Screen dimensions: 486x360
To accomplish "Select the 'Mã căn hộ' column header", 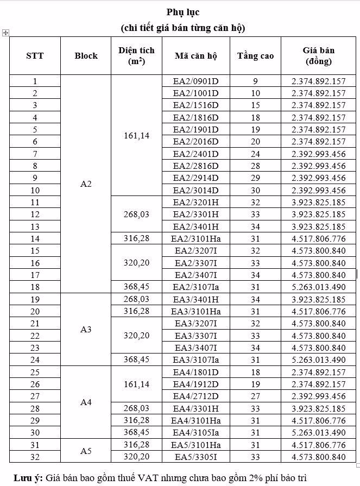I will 195,55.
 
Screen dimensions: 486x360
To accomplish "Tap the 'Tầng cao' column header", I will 255,55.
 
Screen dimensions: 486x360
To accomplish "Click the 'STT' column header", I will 35,55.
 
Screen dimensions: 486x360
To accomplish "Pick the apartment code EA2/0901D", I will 195,81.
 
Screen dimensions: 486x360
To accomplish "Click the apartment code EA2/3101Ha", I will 195,238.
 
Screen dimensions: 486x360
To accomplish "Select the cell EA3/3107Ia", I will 195,359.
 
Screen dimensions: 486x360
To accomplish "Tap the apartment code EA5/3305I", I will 195,457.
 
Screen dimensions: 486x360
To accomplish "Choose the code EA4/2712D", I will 195,396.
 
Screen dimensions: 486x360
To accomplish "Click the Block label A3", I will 86,330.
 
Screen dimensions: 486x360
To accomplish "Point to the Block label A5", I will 86,451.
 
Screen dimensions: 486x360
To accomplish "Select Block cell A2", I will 86,184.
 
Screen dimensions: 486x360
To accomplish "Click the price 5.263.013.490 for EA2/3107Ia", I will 318,287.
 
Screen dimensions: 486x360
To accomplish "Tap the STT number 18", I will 35,287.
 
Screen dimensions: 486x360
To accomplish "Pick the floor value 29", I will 255,178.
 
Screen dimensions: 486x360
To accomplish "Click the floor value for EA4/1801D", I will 255,372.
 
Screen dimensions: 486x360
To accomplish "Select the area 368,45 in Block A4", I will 136,432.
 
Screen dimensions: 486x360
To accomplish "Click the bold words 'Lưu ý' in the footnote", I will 27,477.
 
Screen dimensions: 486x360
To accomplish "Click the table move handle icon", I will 5,33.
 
